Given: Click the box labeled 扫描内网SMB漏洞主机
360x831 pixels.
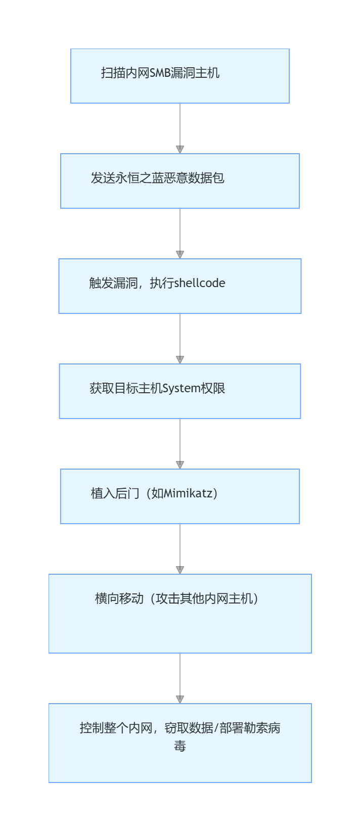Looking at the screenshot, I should [x=179, y=76].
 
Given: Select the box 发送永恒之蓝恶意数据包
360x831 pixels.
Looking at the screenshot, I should [x=179, y=181].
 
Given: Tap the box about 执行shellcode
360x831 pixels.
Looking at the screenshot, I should [x=179, y=286].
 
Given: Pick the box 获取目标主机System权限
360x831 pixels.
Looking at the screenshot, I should [x=179, y=391].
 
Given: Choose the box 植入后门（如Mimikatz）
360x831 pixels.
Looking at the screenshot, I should [x=179, y=496].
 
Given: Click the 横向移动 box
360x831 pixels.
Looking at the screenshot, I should [x=179, y=614].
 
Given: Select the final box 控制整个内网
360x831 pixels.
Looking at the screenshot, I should [x=179, y=743].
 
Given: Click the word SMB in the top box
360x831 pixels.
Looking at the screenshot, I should [x=160, y=73].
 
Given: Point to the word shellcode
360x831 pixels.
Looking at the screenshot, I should [x=200, y=283].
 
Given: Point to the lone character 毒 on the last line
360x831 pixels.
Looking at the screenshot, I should [x=180, y=746].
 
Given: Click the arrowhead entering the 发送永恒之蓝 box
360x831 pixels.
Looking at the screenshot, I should [x=180, y=150].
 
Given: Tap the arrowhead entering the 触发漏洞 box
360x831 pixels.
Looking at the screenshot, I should [x=180, y=255].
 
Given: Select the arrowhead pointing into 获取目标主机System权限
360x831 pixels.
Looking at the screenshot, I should [x=180, y=360].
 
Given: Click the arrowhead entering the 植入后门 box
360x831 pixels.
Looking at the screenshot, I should [x=180, y=465].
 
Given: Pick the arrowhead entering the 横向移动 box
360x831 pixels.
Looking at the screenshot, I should [x=180, y=570].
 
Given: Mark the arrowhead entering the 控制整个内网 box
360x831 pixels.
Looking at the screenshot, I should [x=180, y=700].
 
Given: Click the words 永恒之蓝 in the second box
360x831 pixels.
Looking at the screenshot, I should [x=140, y=178].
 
